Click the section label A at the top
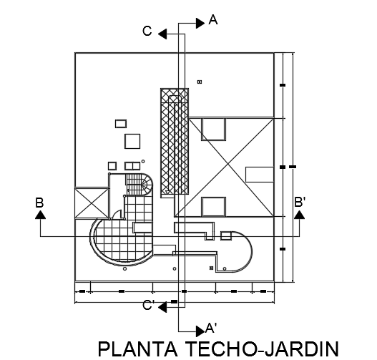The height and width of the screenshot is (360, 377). coord(213,20)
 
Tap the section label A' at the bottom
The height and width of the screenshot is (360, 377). coord(211,328)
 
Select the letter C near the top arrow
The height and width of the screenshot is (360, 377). coord(147,31)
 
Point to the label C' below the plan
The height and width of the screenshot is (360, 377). coord(148,305)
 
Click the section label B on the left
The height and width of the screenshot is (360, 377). coord(39,203)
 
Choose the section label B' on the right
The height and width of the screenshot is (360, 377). coord(300,202)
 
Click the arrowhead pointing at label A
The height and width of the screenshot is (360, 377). coord(200,24)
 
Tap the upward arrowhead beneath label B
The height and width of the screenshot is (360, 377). coord(40,215)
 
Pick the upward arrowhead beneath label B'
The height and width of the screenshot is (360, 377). coord(299,215)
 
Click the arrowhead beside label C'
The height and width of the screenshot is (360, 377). coord(162,307)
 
